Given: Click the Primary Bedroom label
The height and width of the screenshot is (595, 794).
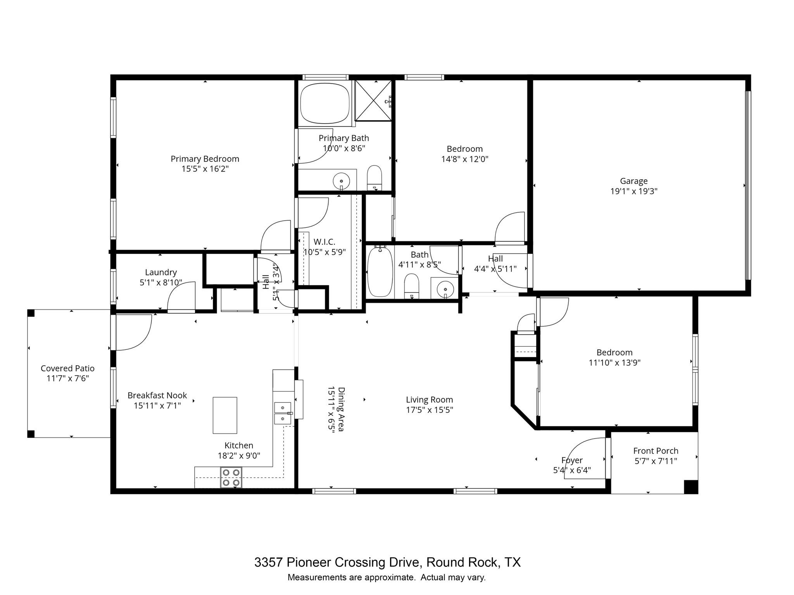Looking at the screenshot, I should click(x=205, y=159).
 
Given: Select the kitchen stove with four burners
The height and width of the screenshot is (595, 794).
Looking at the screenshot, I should click(x=231, y=477).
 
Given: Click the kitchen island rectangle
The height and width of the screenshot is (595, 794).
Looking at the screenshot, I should click(x=225, y=415).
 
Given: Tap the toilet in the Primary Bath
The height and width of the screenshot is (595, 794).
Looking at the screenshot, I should click(x=374, y=177).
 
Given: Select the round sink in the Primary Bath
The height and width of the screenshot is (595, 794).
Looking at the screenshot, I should click(x=341, y=181).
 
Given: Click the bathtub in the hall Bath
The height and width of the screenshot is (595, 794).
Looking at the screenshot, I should click(x=380, y=272).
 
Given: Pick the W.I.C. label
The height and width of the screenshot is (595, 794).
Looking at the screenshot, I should click(x=324, y=242).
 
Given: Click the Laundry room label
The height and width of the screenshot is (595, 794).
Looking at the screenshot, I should click(x=161, y=272).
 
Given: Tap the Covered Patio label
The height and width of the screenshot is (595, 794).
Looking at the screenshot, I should click(x=67, y=368).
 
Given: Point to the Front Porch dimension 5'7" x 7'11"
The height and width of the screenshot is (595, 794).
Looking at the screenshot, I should click(x=656, y=461).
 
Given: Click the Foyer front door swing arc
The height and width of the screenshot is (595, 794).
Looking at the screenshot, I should click(x=582, y=449).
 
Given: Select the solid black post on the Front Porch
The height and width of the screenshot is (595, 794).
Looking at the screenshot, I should click(x=690, y=487).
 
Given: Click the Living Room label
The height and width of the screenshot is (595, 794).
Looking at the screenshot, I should click(x=429, y=399).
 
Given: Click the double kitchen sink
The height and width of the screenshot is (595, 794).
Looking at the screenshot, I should click(x=283, y=413).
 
